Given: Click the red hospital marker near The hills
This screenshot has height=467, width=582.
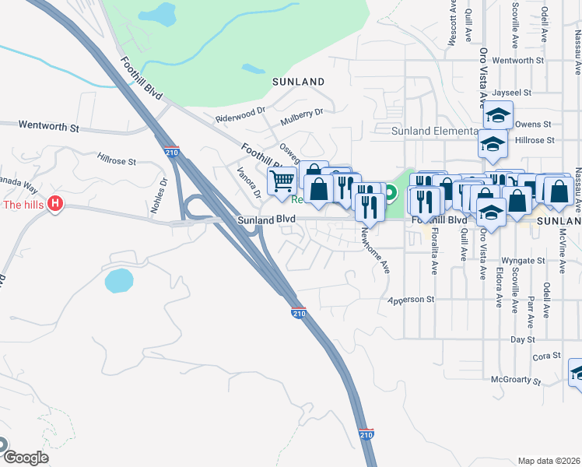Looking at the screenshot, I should pos(55,205).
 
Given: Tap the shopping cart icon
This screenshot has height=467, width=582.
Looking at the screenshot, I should pos(282,181).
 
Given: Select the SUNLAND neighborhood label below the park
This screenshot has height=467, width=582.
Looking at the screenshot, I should pos(298,81).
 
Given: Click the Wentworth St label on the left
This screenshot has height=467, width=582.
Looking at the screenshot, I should pos(49,125).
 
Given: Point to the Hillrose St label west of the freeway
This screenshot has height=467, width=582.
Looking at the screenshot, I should pos(117,161).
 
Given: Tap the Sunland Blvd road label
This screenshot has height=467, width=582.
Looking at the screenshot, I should pos(266,220).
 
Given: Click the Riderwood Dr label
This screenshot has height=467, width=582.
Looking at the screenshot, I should pos(240,116).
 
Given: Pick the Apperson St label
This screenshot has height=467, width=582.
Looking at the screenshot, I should pos(410,299).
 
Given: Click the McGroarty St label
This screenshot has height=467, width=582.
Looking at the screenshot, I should pos(515,380).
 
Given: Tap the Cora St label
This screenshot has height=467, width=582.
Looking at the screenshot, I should pos(542,356).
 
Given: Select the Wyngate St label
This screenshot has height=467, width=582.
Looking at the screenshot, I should pos(524,260).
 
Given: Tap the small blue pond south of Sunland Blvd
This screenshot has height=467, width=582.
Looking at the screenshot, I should pos(117,280).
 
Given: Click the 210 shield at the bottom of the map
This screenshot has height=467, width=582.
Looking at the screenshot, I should pos(366,434).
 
